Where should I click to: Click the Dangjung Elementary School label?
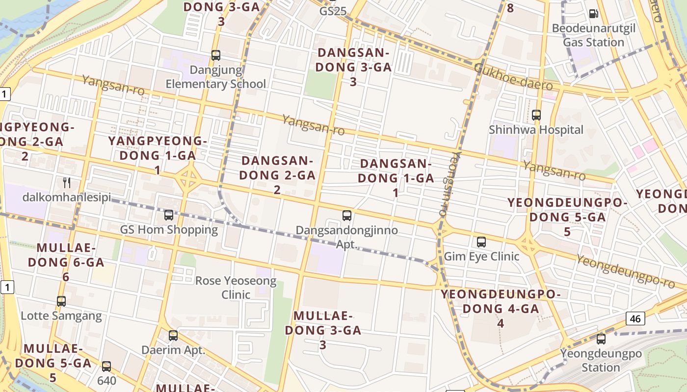tap(216, 77)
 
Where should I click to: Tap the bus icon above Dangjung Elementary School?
tap(216, 55)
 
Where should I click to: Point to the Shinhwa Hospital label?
tap(536, 130)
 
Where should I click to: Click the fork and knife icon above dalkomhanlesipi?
tap(67, 183)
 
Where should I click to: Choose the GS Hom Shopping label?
tap(169, 229)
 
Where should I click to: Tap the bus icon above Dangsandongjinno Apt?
tap(347, 215)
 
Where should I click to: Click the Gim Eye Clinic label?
tap(481, 256)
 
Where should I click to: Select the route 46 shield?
tap(635, 318)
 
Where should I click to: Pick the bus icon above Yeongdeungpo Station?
tap(601, 339)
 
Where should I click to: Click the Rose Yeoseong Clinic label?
tap(236, 288)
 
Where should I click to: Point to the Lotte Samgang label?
tap(61, 316)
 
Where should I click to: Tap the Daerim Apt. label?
tap(173, 350)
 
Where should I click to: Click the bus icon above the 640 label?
tap(106, 366)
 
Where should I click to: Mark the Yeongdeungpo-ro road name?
tap(625, 272)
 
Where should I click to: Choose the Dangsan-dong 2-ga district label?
tap(277, 175)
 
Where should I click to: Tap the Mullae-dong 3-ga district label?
tap(323, 330)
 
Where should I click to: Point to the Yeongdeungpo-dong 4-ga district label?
tap(501, 309)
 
